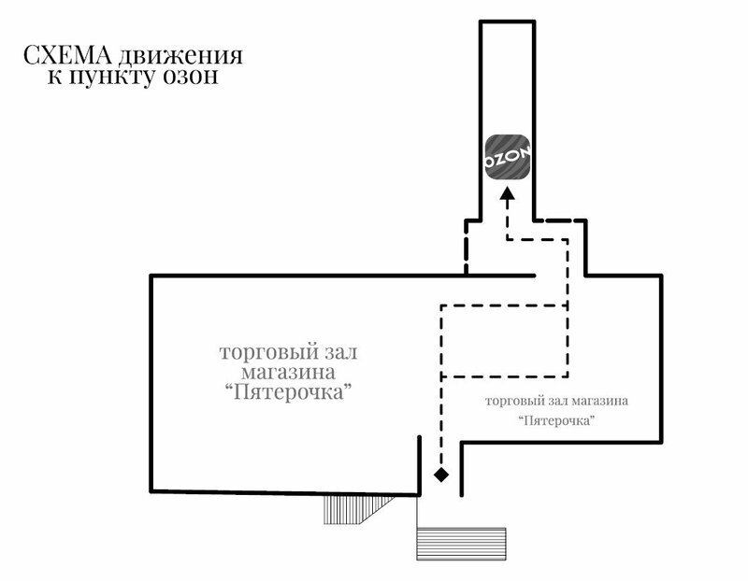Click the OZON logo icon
pyautogui.click(x=508, y=154)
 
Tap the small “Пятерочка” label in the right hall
pyautogui.click(x=557, y=421)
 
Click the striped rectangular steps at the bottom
pyautogui.click(x=461, y=544)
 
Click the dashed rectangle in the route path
pyautogui.click(x=503, y=340)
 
